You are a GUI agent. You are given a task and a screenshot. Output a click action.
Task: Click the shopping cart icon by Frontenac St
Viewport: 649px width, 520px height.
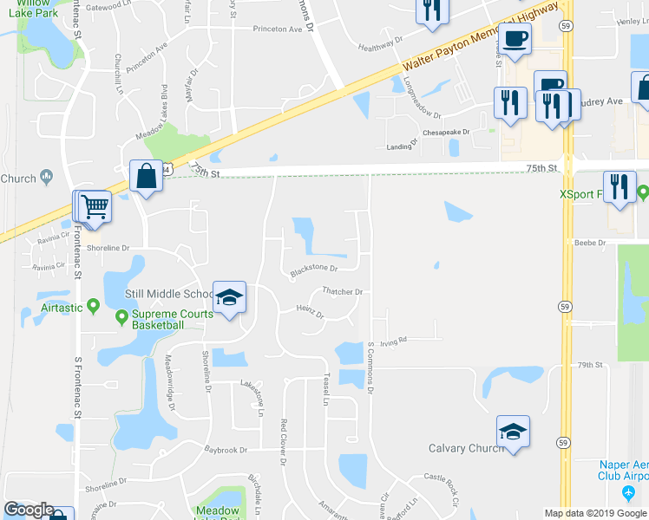[x=95, y=207]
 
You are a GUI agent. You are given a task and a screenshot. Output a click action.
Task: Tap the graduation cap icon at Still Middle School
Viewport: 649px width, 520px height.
[x=228, y=298]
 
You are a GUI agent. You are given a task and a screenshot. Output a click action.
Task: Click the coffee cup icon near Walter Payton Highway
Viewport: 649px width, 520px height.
[x=515, y=41]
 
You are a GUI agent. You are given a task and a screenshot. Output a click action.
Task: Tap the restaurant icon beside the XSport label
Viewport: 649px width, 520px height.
[x=619, y=189]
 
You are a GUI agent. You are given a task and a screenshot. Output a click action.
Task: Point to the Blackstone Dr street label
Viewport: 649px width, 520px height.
[x=313, y=269]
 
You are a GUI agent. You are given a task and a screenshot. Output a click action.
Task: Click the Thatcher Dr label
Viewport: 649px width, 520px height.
[x=341, y=292]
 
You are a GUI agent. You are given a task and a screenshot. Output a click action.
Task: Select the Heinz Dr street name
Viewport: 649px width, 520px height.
[x=309, y=311]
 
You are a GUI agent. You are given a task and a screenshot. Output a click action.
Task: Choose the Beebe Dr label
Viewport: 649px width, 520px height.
[x=589, y=243]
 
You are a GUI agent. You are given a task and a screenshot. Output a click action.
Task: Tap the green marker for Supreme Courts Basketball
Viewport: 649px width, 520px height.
[x=123, y=318]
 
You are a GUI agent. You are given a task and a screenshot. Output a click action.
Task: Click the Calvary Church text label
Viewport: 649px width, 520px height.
[x=466, y=448]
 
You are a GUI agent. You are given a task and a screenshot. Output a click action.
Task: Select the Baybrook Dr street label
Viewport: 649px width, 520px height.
[x=226, y=450]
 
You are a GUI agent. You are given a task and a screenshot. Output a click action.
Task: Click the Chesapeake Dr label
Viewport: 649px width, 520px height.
[x=446, y=133]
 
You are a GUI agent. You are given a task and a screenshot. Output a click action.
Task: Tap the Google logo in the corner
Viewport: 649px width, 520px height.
[x=29, y=510]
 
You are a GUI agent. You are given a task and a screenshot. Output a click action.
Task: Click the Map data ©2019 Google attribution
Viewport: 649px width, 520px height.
[x=595, y=513]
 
